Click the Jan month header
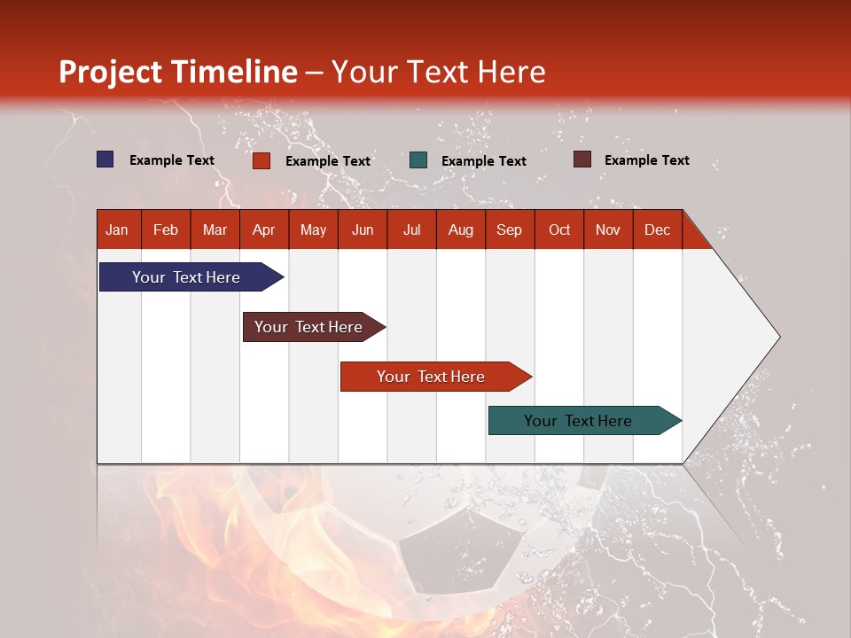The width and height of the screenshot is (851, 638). pyautogui.click(x=118, y=230)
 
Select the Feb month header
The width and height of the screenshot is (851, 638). pyautogui.click(x=166, y=230)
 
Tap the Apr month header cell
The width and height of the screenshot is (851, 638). pyautogui.click(x=264, y=230)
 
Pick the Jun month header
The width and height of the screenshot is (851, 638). pyautogui.click(x=363, y=230)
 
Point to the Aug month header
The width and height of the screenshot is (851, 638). pyautogui.click(x=461, y=230)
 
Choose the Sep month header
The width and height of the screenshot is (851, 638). pyautogui.click(x=510, y=230)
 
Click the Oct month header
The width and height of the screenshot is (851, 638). pyautogui.click(x=559, y=230)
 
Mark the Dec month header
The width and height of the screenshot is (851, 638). pyautogui.click(x=658, y=230)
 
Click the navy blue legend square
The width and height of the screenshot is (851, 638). pyautogui.click(x=105, y=159)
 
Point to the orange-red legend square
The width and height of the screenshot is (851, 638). pyautogui.click(x=262, y=160)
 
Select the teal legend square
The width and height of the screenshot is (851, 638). pyautogui.click(x=418, y=160)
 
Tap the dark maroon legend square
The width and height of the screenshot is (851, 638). pyautogui.click(x=582, y=159)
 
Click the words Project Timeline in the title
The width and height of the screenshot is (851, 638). pyautogui.click(x=178, y=72)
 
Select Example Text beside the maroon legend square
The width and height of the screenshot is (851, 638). pyautogui.click(x=646, y=160)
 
